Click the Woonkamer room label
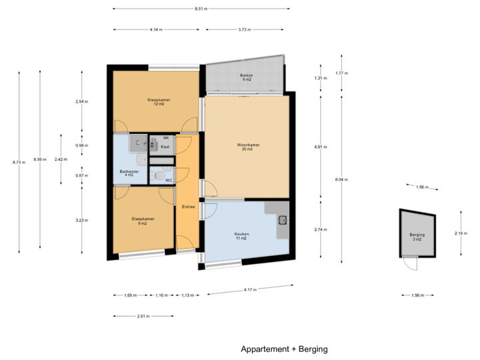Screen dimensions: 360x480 point(248,147)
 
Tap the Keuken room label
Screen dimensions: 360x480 point(241,236)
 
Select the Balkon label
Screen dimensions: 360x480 point(247,78)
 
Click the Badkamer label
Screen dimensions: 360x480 point(129,173)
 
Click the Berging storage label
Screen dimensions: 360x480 point(417,237)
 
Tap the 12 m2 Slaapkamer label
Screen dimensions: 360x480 point(159,102)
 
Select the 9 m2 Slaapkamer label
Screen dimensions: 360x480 point(143,221)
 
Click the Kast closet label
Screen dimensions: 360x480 point(165,146)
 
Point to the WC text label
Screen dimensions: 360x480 point(169,180)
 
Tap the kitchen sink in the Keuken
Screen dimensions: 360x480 point(283,220)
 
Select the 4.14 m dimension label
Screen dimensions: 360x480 point(156,29)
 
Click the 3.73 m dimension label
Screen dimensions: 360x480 point(244,29)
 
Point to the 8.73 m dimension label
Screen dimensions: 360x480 point(18,161)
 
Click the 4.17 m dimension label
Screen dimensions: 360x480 point(249,289)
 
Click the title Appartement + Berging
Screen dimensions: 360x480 point(284,349)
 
